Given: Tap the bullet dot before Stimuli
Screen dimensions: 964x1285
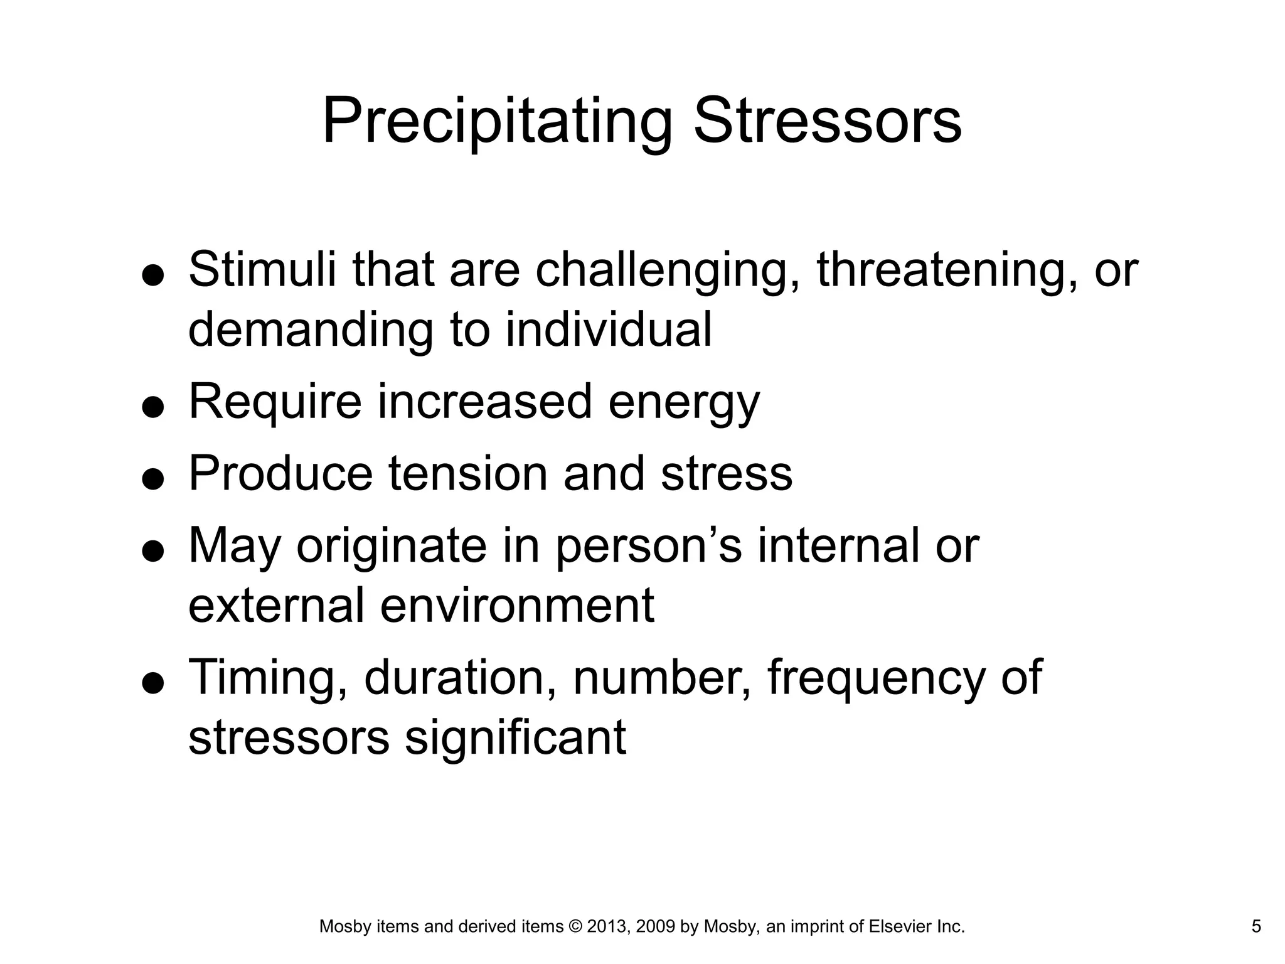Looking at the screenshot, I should pyautogui.click(x=153, y=274).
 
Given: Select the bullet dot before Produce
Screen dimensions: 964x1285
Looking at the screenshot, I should pyautogui.click(x=153, y=479).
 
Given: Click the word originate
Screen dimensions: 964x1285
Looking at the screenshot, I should pyautogui.click(x=392, y=547).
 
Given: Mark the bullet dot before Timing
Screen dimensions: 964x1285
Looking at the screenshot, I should pyautogui.click(x=153, y=682).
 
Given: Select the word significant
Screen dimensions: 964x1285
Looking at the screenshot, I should pyautogui.click(x=515, y=737).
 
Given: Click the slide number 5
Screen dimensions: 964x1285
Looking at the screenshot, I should pyautogui.click(x=1256, y=926).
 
